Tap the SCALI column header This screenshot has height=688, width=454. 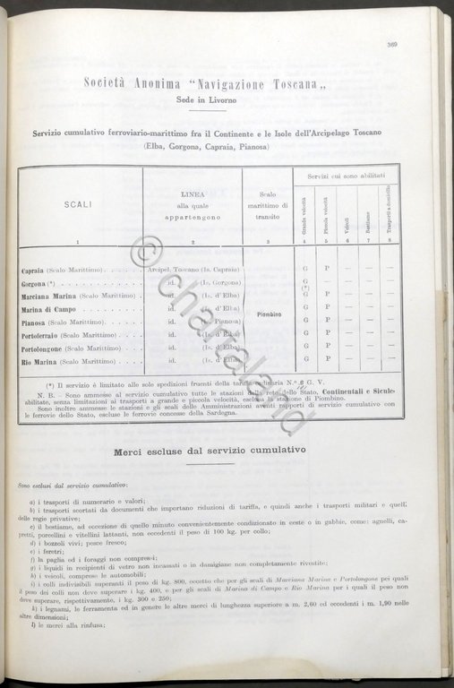click(x=78, y=204)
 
